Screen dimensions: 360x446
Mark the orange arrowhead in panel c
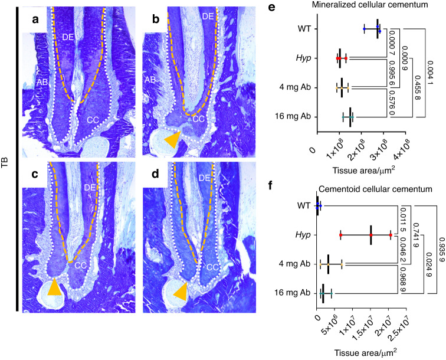tap(54, 287)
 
